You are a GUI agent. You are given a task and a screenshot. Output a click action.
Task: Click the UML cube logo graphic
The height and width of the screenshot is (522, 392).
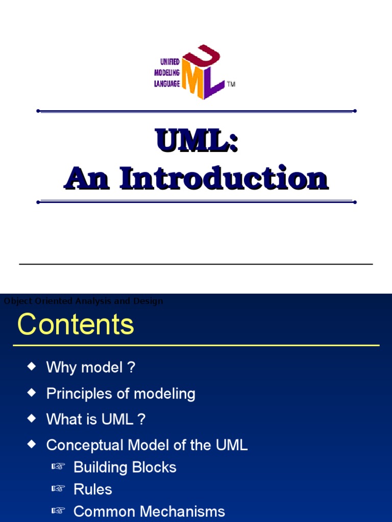(x=204, y=72)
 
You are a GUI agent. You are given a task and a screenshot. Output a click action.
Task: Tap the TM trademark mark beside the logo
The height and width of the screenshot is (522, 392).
(x=231, y=84)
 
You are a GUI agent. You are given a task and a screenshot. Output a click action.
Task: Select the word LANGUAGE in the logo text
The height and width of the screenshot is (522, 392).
(x=167, y=84)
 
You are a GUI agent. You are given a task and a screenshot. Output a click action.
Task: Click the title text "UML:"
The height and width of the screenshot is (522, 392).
(x=197, y=141)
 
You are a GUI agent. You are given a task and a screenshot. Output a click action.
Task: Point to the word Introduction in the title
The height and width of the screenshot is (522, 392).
(x=224, y=179)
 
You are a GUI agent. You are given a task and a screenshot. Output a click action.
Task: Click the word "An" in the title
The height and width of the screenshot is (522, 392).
(x=87, y=179)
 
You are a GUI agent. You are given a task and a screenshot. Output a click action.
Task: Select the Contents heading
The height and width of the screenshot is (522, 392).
(x=76, y=324)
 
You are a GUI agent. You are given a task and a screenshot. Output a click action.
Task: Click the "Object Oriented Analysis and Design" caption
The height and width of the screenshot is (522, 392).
(x=83, y=301)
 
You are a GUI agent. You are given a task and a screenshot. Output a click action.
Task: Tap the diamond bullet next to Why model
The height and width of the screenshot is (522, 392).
(x=32, y=366)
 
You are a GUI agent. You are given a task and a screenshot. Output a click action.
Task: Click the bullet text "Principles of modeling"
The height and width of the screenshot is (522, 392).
(x=120, y=394)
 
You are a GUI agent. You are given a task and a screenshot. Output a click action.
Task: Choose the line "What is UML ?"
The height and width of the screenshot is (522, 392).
(x=96, y=420)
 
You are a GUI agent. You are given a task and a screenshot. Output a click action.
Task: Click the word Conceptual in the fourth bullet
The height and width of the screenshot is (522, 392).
(x=85, y=445)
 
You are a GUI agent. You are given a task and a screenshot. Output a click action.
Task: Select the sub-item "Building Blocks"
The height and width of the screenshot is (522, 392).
(x=125, y=467)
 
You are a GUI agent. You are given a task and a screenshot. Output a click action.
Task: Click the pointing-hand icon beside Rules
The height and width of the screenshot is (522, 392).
(x=58, y=489)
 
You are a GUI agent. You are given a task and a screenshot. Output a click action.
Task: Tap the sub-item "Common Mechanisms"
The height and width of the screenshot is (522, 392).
(x=149, y=511)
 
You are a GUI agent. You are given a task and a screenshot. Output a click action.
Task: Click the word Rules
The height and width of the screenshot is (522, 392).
(x=92, y=489)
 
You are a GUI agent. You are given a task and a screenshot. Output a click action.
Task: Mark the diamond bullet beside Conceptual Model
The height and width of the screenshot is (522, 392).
(x=32, y=445)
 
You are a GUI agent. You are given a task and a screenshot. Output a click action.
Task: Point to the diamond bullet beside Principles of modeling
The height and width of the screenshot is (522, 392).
(x=32, y=393)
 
